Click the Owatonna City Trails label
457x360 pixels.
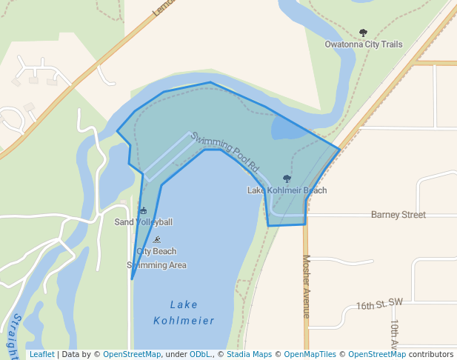(x=364, y=44)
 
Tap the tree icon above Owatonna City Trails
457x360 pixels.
(x=363, y=33)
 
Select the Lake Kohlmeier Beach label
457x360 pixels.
(x=287, y=190)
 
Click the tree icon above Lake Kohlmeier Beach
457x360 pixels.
(x=287, y=179)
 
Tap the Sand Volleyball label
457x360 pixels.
(x=143, y=222)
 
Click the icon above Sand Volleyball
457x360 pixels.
(x=143, y=211)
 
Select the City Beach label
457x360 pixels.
(x=156, y=251)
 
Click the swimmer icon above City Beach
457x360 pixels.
(x=157, y=239)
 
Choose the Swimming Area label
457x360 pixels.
(x=156, y=265)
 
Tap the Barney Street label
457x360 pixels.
(x=398, y=215)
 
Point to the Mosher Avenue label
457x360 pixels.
(x=306, y=287)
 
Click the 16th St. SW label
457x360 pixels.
(x=379, y=304)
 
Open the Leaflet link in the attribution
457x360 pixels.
(x=42, y=354)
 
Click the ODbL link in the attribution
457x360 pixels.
(x=200, y=354)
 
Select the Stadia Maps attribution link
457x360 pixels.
(x=249, y=354)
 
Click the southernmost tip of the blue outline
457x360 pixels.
(x=132, y=279)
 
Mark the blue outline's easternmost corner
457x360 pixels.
(x=340, y=150)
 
